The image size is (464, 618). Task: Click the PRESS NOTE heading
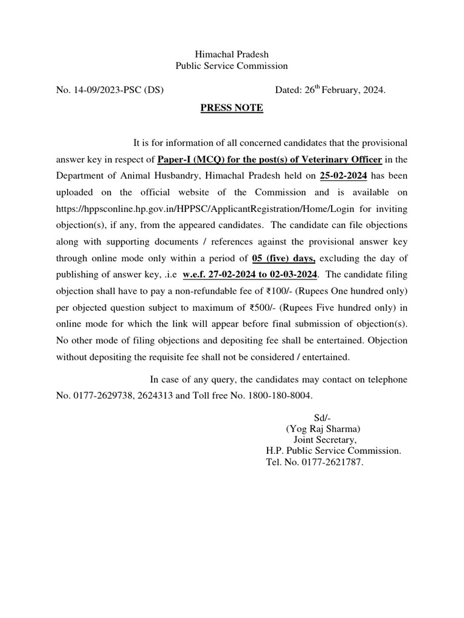(x=232, y=108)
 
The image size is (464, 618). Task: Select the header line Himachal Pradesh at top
(x=231, y=54)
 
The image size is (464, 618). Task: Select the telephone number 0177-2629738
(x=104, y=396)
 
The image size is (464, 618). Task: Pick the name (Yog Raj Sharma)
(x=323, y=429)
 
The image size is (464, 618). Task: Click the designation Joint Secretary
(x=325, y=440)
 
